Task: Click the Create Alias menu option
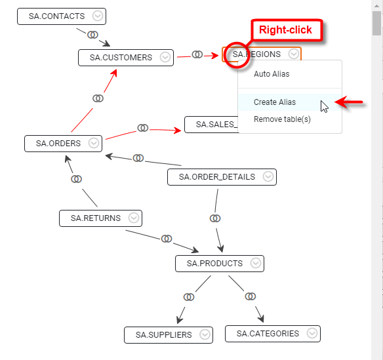tap(275, 102)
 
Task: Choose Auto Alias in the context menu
tap(272, 74)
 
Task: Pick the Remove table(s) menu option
tap(282, 119)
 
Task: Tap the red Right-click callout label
tap(285, 30)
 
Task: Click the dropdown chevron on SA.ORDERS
tap(94, 143)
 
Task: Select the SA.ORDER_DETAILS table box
tap(216, 177)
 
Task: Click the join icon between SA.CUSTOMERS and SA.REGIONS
tap(197, 54)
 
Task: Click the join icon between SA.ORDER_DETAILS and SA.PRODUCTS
tap(215, 218)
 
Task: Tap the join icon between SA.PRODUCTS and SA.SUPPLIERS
tap(189, 297)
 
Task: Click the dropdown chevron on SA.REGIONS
tap(294, 54)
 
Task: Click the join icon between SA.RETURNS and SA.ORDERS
tap(77, 178)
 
